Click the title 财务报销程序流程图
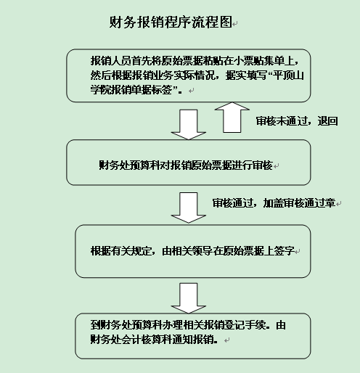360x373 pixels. click(x=171, y=22)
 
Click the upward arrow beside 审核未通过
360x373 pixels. click(x=232, y=118)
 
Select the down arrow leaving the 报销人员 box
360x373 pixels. click(x=189, y=125)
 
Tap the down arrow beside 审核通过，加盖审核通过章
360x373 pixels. click(x=189, y=208)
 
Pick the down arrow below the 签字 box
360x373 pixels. click(x=189, y=298)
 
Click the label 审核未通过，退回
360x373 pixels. click(x=297, y=121)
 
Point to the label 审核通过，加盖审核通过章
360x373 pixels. click(x=274, y=203)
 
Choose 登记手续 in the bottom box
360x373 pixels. click(x=245, y=325)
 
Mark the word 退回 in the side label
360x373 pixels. click(x=327, y=121)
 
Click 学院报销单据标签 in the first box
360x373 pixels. click(x=131, y=90)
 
